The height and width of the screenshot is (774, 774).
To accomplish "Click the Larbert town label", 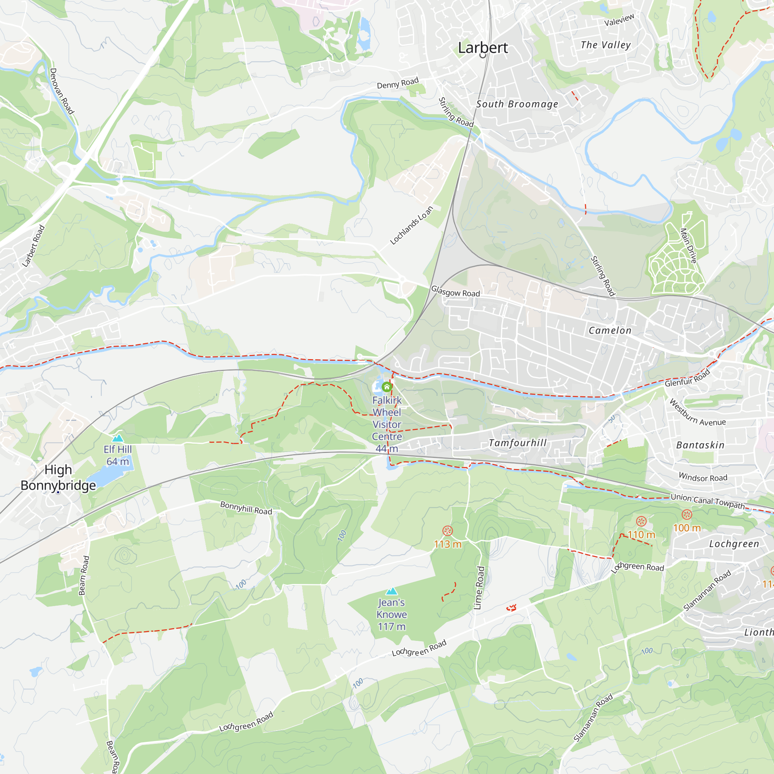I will click(483, 48).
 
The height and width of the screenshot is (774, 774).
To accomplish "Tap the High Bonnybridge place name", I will click(58, 477).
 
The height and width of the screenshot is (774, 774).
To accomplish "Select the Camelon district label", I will click(610, 330).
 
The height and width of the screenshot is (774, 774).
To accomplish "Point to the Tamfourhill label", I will click(517, 443).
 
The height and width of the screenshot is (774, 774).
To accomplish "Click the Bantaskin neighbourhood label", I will click(700, 445).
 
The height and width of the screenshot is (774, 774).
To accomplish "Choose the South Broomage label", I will click(517, 104).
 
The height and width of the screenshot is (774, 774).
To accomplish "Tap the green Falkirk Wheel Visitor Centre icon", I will click(387, 387).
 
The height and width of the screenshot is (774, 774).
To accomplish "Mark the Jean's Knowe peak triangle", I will click(391, 591).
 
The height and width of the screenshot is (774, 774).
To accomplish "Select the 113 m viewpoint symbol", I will click(447, 531).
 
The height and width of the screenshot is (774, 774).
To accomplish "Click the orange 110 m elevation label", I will click(641, 535).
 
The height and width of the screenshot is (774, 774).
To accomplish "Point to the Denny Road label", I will click(397, 83).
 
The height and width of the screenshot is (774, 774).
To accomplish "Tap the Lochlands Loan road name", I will click(411, 226).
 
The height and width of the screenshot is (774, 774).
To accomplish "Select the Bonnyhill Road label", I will click(246, 508).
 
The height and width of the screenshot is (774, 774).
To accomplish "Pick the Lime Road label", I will click(479, 588).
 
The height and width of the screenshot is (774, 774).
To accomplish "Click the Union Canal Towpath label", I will click(707, 501).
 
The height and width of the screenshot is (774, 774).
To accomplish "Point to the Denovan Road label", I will click(62, 91).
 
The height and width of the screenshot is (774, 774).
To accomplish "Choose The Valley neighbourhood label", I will click(606, 45).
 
